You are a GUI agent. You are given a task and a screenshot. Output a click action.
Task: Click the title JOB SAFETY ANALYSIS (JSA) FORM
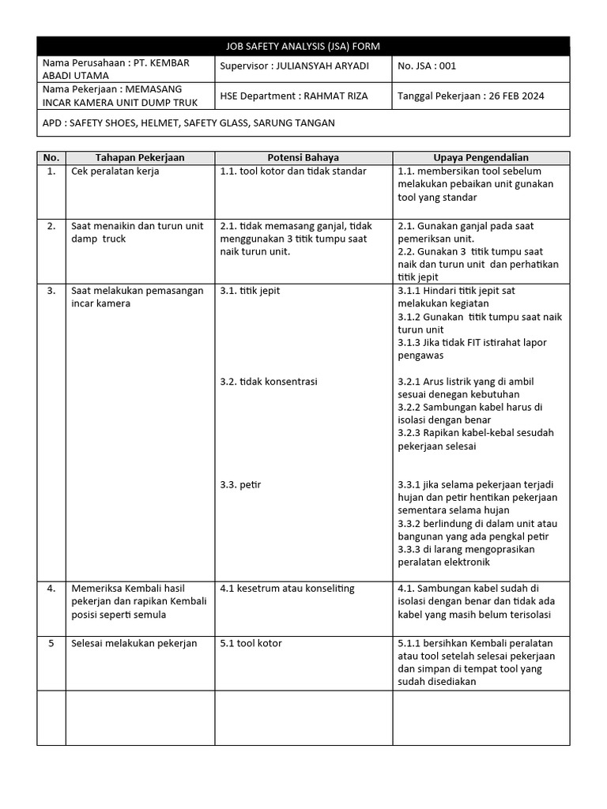(303, 47)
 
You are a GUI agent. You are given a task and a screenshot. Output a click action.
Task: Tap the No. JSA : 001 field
(428, 66)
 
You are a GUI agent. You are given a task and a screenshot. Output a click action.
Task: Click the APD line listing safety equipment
(188, 122)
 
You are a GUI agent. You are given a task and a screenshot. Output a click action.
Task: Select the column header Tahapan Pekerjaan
(140, 158)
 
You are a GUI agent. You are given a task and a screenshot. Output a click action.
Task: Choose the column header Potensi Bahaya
(303, 158)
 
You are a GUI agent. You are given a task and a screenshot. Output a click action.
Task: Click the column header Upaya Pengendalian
(481, 158)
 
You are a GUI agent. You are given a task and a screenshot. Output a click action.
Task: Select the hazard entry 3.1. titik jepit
(250, 291)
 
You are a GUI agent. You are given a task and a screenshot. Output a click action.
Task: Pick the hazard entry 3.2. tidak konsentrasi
(269, 382)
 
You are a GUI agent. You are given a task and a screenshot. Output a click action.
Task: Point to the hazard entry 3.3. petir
(240, 485)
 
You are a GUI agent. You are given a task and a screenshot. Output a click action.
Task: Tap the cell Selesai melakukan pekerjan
(134, 643)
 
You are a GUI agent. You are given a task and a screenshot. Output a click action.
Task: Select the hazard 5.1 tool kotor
(251, 643)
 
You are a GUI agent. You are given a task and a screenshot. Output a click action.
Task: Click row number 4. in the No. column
(51, 589)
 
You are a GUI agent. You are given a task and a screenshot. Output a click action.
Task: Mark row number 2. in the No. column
(51, 226)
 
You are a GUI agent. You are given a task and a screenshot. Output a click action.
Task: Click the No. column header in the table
(51, 158)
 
